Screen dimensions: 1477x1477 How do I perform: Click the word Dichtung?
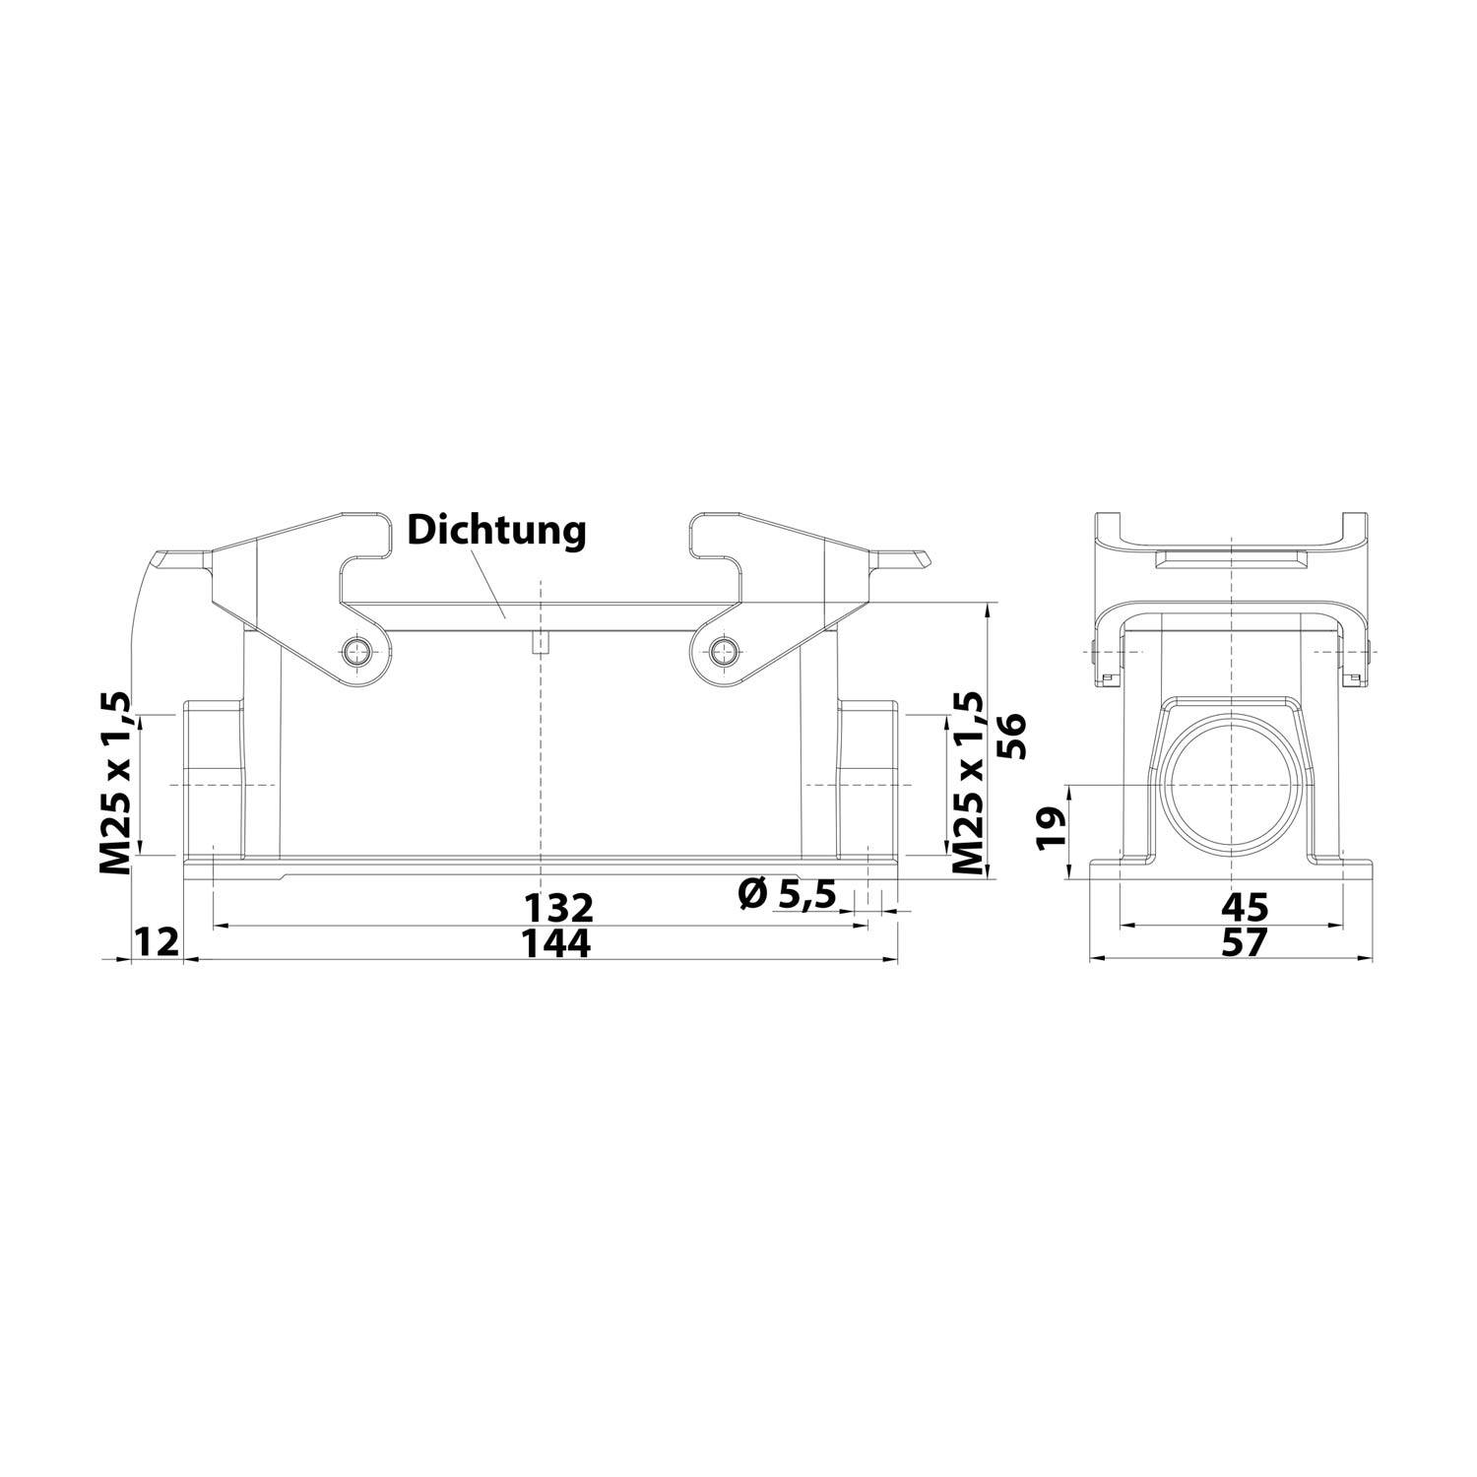(496, 531)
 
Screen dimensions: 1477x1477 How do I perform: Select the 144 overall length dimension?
(556, 943)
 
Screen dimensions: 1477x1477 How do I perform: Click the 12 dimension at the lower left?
(157, 942)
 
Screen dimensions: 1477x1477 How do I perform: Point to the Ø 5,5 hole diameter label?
(786, 894)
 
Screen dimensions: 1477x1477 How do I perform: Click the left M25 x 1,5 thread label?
(115, 783)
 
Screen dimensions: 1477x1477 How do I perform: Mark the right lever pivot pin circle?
(725, 649)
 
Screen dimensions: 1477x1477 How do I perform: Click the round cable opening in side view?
(1232, 784)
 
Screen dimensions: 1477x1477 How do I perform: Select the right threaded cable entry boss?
(867, 778)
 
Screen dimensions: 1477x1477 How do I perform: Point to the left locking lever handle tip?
(162, 561)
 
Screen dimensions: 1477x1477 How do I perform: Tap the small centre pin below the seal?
(540, 644)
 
